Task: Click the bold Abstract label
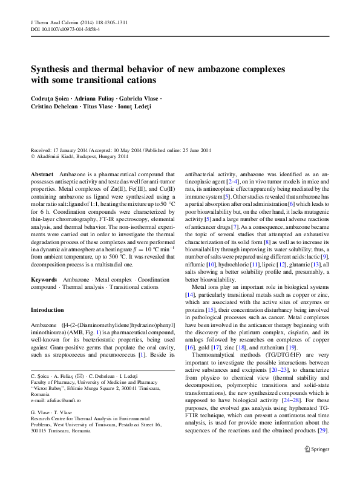coord(42,174)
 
